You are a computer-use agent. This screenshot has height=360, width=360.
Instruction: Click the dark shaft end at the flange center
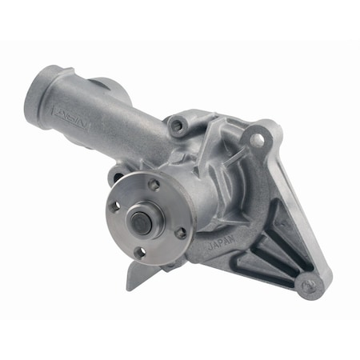click(141, 221)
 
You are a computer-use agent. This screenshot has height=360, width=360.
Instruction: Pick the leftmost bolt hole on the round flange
click(114, 206)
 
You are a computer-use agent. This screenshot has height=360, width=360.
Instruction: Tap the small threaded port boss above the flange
click(177, 126)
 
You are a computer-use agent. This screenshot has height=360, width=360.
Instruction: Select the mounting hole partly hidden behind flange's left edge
click(118, 178)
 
